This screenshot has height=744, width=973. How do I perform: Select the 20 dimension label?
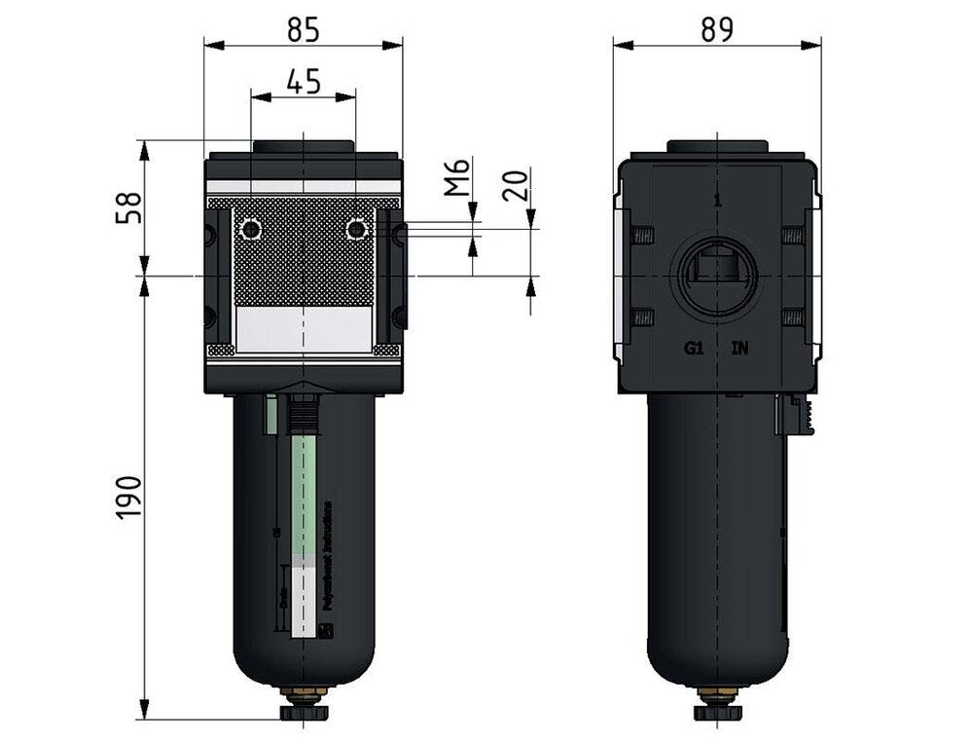click(x=518, y=183)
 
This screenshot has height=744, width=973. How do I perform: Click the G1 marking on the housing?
click(x=693, y=348)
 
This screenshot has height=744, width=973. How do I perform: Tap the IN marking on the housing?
click(x=740, y=348)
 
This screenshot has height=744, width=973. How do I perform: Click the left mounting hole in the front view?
click(x=251, y=230)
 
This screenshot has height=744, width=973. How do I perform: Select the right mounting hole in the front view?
click(x=357, y=230)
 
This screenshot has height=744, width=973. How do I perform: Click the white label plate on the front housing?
click(x=304, y=330)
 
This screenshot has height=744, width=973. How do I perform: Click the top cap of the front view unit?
click(x=303, y=146)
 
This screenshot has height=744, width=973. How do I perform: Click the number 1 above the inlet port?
click(x=716, y=201)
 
